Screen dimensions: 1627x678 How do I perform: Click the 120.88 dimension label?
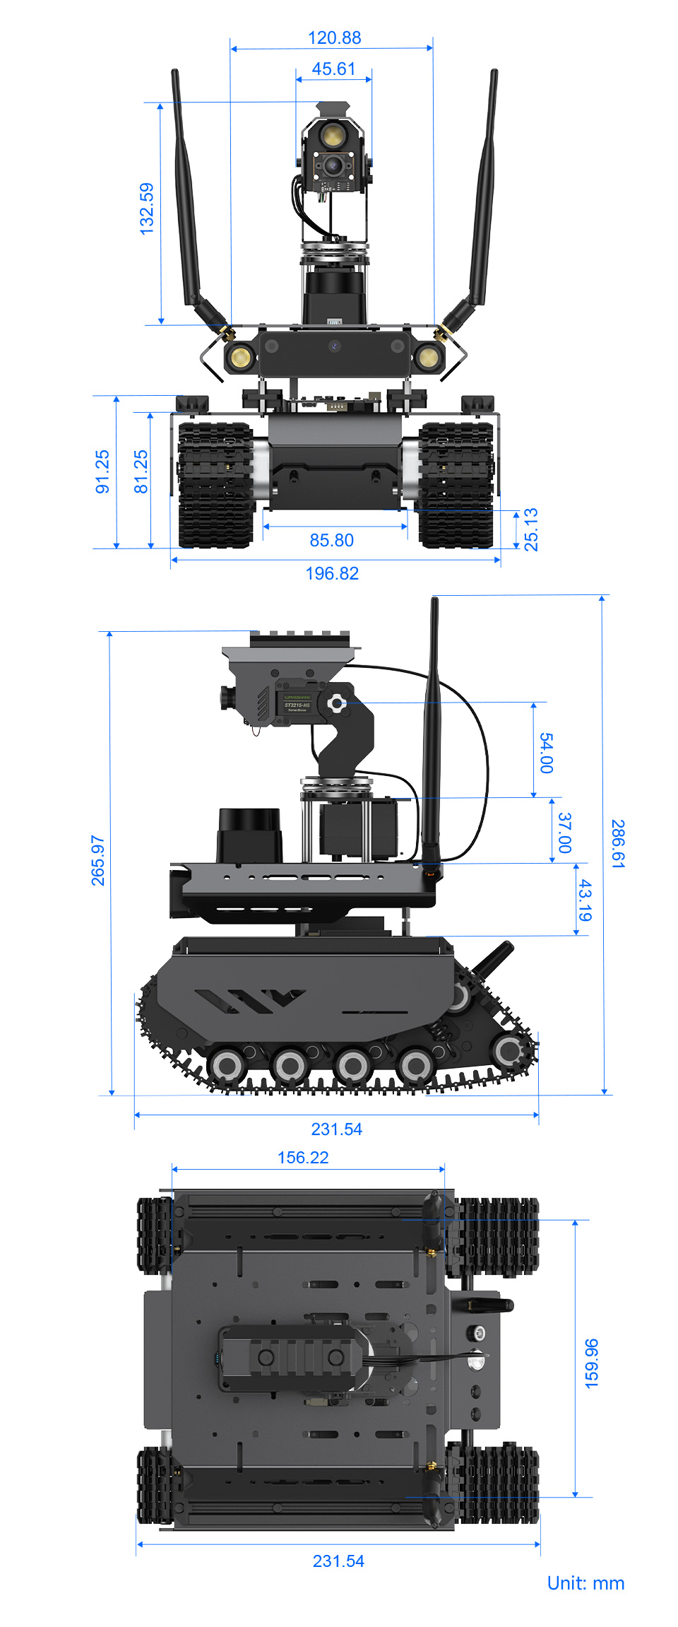pos(334,37)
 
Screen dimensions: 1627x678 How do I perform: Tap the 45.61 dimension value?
pos(333,69)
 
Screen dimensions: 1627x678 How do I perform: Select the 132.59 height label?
pos(146,208)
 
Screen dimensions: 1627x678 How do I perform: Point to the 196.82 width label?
pos(332,573)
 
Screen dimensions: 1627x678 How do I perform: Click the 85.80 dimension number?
pos(331,540)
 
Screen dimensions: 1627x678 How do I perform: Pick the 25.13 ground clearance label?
pos(531,529)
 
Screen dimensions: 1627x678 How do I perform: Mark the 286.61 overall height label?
pos(618,843)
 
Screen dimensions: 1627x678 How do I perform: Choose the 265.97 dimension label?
pos(97,860)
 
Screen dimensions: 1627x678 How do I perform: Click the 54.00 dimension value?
pos(546,753)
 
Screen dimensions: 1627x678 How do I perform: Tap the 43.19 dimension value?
pos(585,900)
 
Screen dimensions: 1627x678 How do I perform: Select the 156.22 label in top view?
pos(303,1157)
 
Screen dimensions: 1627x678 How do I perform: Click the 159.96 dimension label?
pos(592,1363)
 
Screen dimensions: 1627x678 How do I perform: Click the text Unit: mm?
pos(585,1582)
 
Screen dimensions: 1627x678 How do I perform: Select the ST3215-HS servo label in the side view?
pos(297,705)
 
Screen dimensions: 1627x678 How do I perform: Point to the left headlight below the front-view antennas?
pos(240,356)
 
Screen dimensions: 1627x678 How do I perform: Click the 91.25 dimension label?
pos(102,471)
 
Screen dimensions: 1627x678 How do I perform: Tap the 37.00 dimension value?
pos(564,832)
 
